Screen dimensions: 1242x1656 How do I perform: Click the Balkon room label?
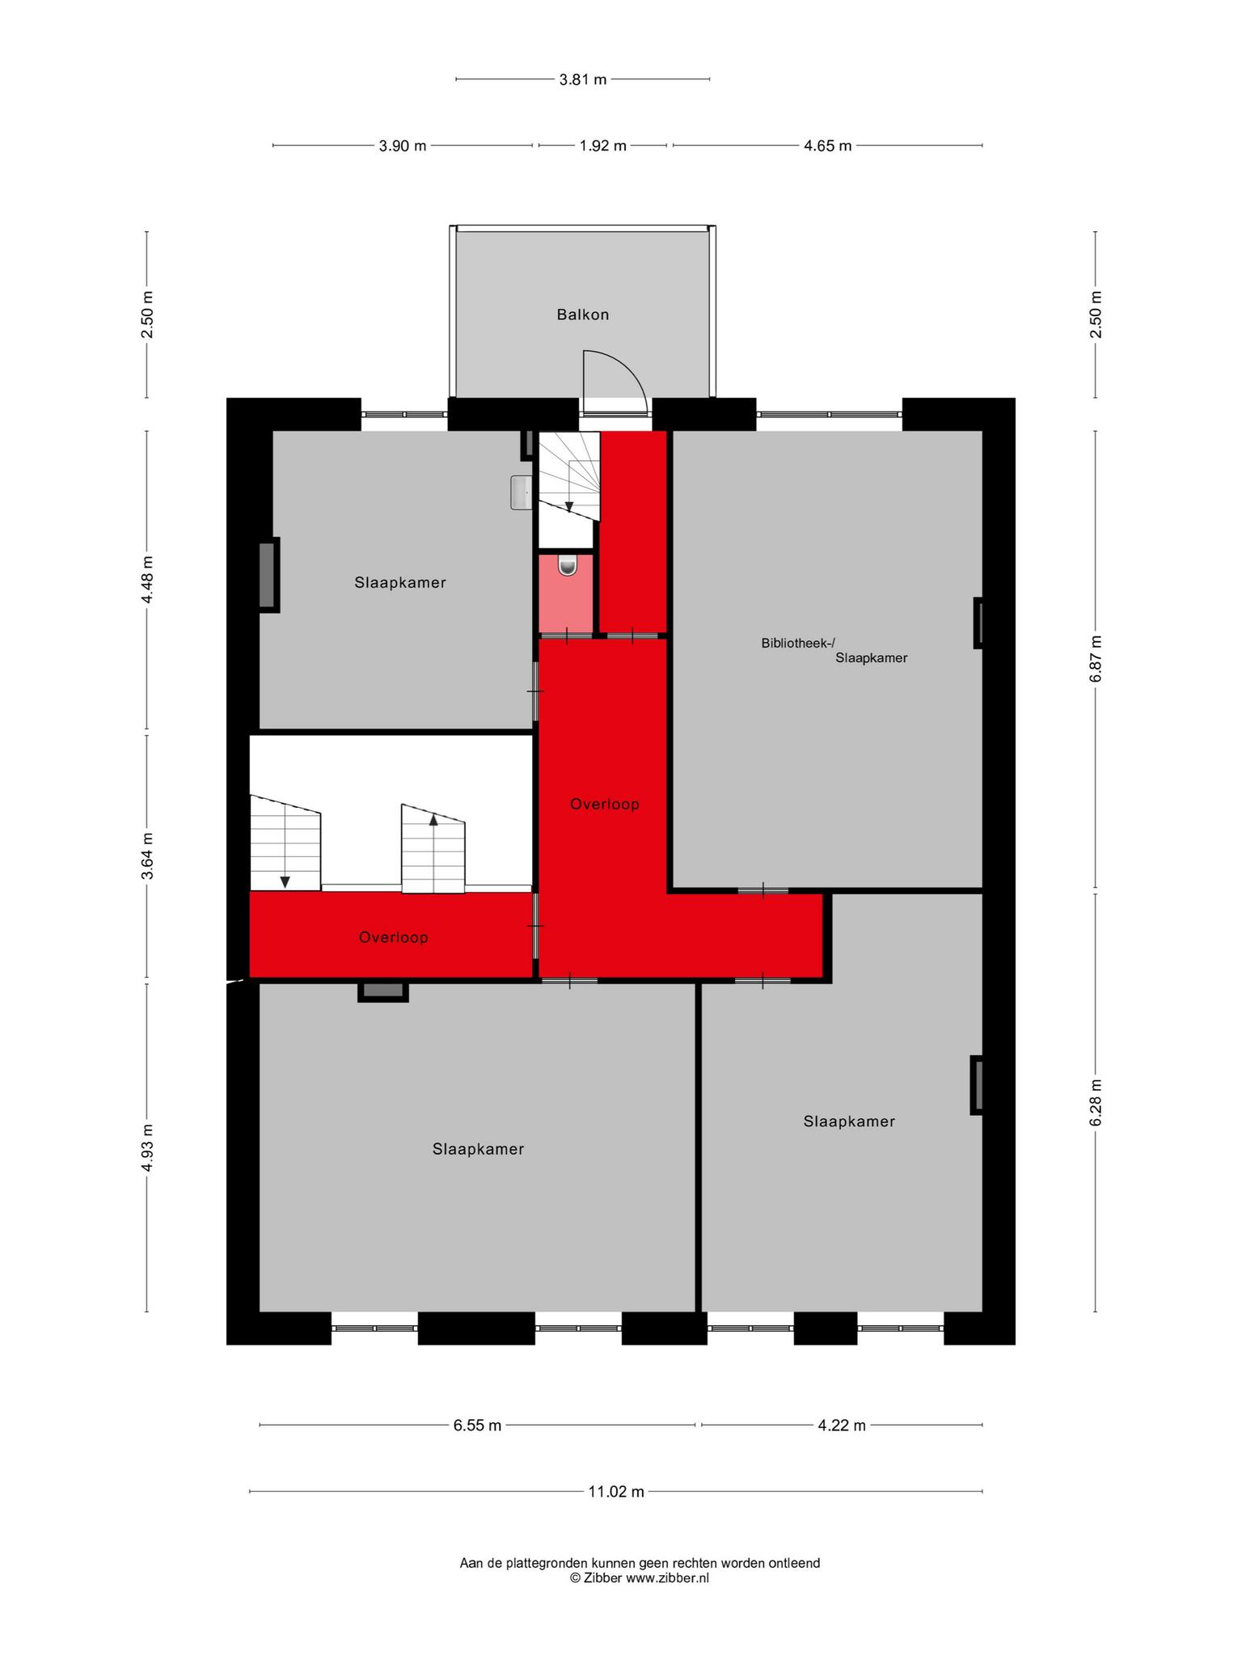click(x=582, y=315)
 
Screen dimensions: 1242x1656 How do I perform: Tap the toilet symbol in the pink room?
click(x=568, y=565)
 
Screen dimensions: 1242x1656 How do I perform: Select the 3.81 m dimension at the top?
click(x=583, y=79)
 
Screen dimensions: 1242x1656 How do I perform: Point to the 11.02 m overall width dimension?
click(x=616, y=1491)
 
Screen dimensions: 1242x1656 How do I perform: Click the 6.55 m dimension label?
click(x=477, y=1425)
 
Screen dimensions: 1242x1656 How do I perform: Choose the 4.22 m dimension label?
click(x=842, y=1425)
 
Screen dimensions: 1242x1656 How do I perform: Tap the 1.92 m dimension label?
click(x=603, y=146)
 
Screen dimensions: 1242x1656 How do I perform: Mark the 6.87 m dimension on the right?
click(x=1096, y=659)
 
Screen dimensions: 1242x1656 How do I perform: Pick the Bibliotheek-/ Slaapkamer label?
click(x=834, y=651)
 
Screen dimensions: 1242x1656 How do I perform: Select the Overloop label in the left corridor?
click(x=394, y=937)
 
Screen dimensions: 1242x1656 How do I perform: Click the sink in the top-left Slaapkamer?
click(x=521, y=492)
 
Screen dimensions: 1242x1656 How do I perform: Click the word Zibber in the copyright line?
click(x=602, y=1578)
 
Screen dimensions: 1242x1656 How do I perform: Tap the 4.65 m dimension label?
click(x=827, y=146)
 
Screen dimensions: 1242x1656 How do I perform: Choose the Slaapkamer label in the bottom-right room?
click(x=849, y=1122)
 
